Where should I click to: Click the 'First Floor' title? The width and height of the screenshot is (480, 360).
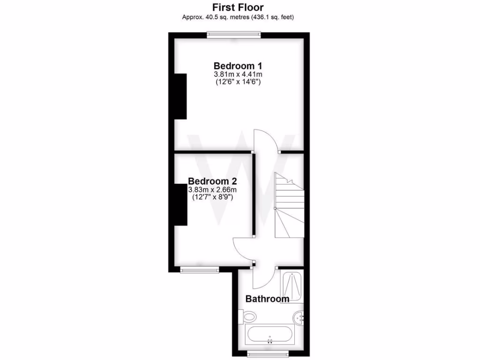click(x=238, y=7)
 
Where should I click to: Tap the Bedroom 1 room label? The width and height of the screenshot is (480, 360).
click(x=238, y=65)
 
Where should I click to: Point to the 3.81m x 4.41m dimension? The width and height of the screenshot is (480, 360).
click(x=238, y=74)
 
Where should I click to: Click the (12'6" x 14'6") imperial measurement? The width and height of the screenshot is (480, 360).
click(x=238, y=82)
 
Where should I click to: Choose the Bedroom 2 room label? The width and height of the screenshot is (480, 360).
click(x=212, y=181)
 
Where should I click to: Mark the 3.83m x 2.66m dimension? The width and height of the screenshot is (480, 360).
click(x=212, y=190)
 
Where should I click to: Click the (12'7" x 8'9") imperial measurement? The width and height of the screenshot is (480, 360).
click(x=212, y=198)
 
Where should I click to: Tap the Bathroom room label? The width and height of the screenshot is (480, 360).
click(x=267, y=299)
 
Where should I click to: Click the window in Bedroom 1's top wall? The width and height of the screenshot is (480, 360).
click(x=234, y=33)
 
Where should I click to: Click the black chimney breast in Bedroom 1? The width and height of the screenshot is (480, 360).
click(x=180, y=96)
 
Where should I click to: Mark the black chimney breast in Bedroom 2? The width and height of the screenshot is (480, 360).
click(x=181, y=204)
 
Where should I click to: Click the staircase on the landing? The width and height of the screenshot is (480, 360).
click(x=288, y=206)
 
